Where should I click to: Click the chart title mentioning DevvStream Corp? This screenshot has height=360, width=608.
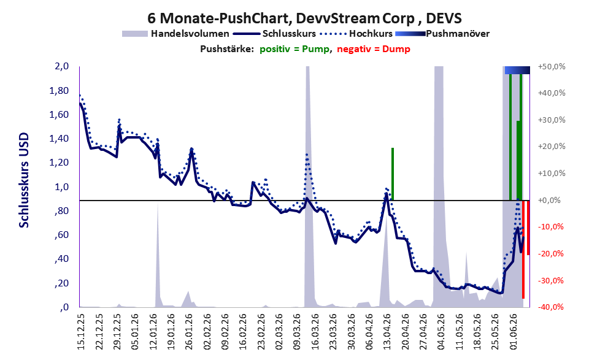304,18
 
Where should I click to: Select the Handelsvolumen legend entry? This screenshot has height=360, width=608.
175,34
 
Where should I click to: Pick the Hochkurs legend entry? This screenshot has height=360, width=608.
356,34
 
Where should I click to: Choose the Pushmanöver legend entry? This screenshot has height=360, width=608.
442,34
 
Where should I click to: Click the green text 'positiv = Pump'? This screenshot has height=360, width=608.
294,49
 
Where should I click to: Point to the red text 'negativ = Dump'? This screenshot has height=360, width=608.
374,49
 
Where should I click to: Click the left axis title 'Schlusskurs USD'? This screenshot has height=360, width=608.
24,180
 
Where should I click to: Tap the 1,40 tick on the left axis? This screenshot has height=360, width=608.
59,139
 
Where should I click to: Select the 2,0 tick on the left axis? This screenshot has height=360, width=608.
61,66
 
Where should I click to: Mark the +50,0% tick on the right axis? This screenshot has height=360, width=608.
552,67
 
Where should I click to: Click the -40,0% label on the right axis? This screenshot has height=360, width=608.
550,307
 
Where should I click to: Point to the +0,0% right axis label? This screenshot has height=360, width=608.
549,201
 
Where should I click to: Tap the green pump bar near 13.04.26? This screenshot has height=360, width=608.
393,174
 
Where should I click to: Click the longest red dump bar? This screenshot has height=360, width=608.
523,249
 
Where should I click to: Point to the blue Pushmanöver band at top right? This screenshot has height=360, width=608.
517,70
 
